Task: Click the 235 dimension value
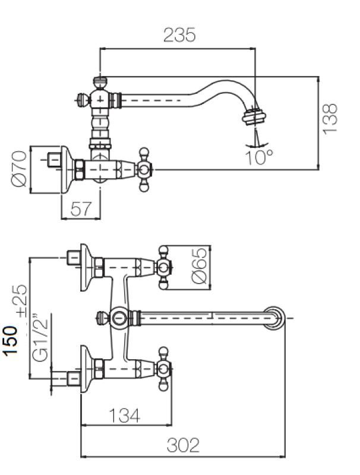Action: click(179, 35)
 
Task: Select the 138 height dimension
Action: click(331, 118)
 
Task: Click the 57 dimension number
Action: click(82, 208)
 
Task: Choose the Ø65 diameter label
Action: click(200, 268)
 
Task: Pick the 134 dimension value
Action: click(126, 416)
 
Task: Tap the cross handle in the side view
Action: click(144, 170)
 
